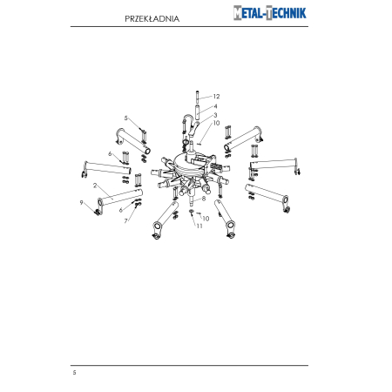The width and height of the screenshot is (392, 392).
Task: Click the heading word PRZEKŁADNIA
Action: pyautogui.click(x=152, y=19)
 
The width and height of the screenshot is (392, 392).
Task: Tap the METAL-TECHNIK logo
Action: pyautogui.click(x=270, y=13)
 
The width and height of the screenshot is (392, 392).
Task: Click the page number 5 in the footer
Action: pyautogui.click(x=75, y=373)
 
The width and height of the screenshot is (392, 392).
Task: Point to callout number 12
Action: pyautogui.click(x=216, y=97)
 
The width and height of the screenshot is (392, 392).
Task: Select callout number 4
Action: pyautogui.click(x=215, y=106)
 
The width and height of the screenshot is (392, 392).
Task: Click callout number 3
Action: pyautogui.click(x=215, y=115)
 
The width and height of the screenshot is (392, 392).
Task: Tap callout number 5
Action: pyautogui.click(x=125, y=118)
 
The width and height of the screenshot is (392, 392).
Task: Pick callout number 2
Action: pyautogui.click(x=95, y=186)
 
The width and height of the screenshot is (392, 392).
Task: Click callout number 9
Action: pyautogui.click(x=81, y=203)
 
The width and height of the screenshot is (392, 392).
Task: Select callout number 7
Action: pyautogui.click(x=125, y=221)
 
